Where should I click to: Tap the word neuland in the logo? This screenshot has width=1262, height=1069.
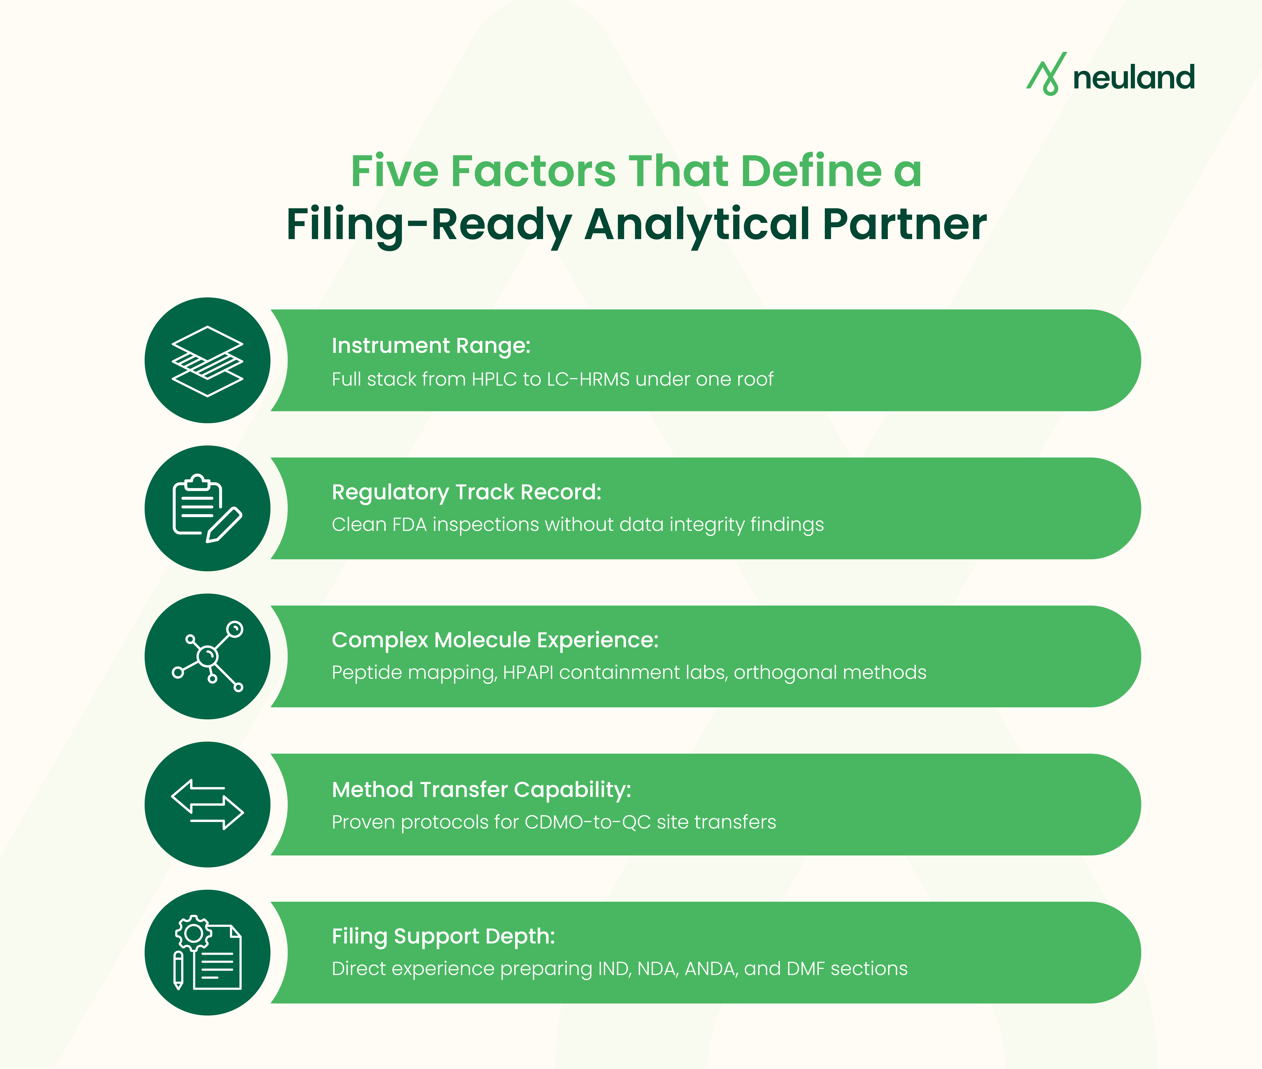pos(1133,78)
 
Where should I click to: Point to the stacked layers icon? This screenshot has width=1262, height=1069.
pos(207,361)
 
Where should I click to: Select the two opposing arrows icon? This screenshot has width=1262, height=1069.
pos(207,804)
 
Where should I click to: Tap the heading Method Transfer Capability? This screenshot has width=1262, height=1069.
pos(481,790)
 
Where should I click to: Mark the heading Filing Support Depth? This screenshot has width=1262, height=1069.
pos(443,936)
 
